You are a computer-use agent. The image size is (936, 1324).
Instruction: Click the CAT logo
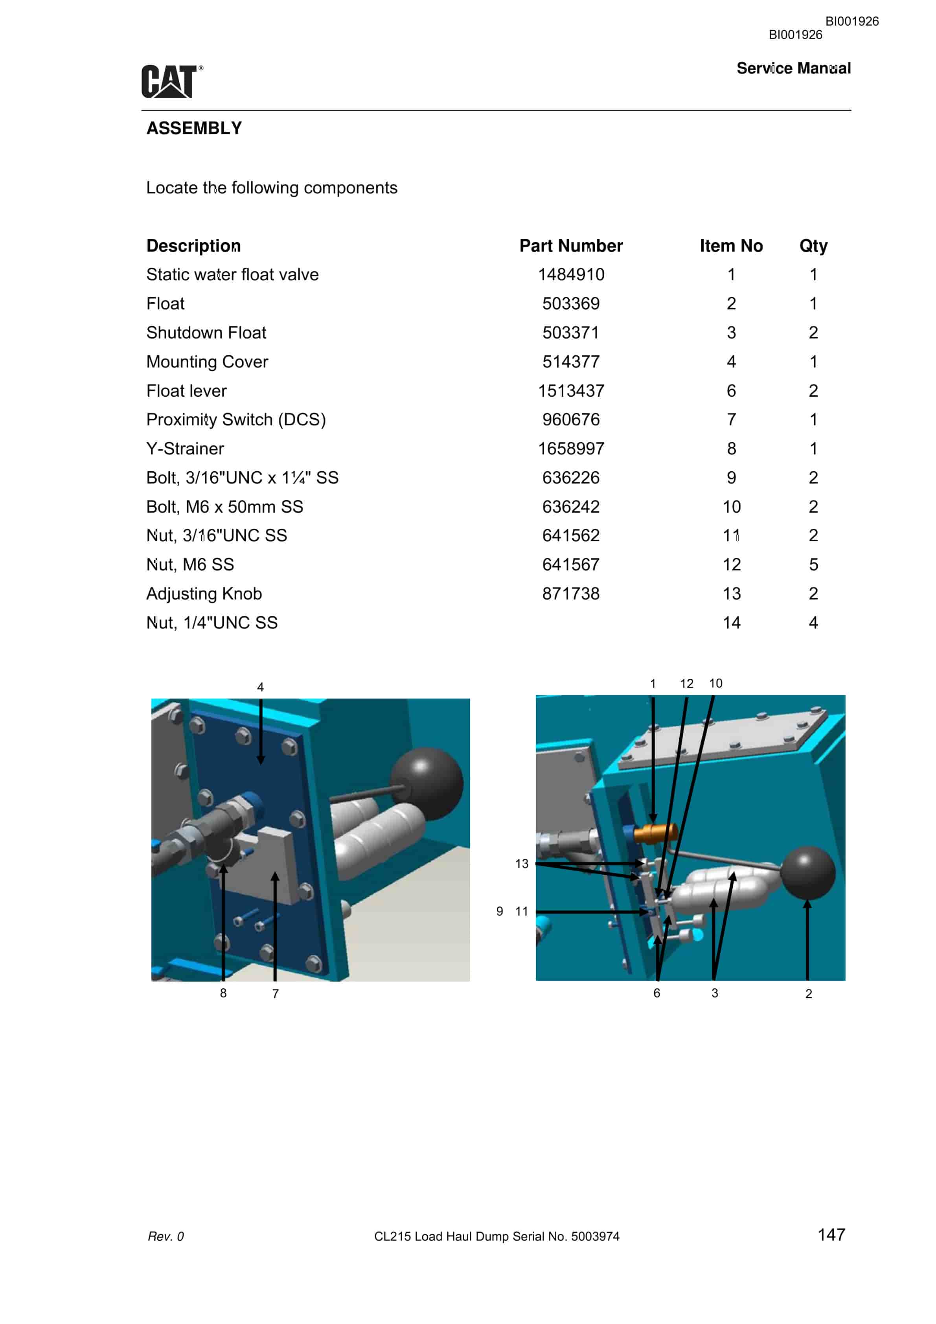pyautogui.click(x=172, y=81)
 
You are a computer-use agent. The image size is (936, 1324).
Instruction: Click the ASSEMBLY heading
pyautogui.click(x=194, y=128)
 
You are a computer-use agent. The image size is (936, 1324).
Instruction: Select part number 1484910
pyautogui.click(x=571, y=274)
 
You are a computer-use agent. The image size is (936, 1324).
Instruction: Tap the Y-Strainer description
pyautogui.click(x=185, y=449)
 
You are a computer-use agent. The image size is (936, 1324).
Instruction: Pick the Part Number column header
pyautogui.click(x=571, y=246)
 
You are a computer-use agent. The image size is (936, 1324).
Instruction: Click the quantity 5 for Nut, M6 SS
pyautogui.click(x=813, y=565)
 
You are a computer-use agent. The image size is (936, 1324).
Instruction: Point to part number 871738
pyautogui.click(x=571, y=593)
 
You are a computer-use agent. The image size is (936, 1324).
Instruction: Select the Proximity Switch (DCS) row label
pyautogui.click(x=236, y=420)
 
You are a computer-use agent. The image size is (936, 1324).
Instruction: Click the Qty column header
pyautogui.click(x=813, y=246)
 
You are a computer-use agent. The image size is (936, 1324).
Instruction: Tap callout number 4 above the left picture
pyautogui.click(x=260, y=687)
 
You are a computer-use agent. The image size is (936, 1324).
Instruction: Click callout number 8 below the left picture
pyautogui.click(x=223, y=993)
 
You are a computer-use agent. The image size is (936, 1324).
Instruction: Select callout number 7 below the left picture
pyautogui.click(x=276, y=993)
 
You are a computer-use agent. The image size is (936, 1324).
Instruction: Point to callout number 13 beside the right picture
pyautogui.click(x=522, y=863)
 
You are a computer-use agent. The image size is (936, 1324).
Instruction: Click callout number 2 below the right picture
pyautogui.click(x=809, y=993)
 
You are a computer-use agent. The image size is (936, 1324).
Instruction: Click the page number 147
pyautogui.click(x=831, y=1235)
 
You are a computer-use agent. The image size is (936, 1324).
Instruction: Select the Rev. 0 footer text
pyautogui.click(x=166, y=1236)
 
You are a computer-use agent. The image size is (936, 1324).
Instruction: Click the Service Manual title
pyautogui.click(x=794, y=68)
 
